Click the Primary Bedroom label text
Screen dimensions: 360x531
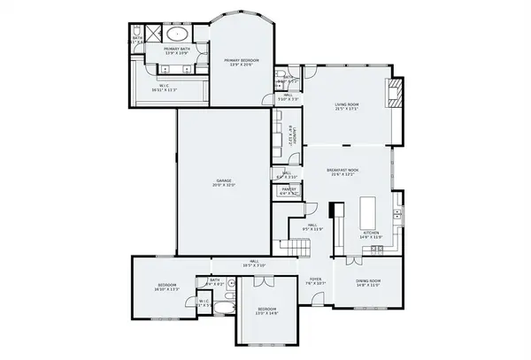(x=241, y=62)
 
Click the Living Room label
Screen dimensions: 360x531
(x=346, y=107)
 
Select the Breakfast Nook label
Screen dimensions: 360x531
(x=342, y=172)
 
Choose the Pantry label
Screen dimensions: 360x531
(x=289, y=190)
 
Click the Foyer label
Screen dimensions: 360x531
(x=316, y=281)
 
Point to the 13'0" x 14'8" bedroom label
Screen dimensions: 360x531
(x=266, y=311)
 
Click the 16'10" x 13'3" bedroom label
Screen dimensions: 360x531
(x=167, y=287)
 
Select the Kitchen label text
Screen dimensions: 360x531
(x=370, y=235)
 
